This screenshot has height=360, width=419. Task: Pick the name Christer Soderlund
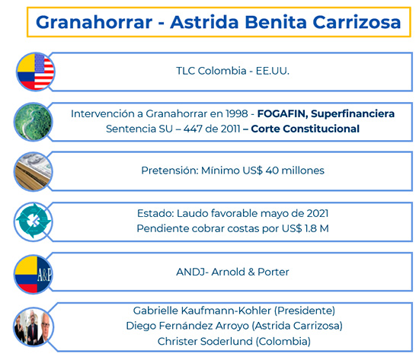(x=204, y=340)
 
